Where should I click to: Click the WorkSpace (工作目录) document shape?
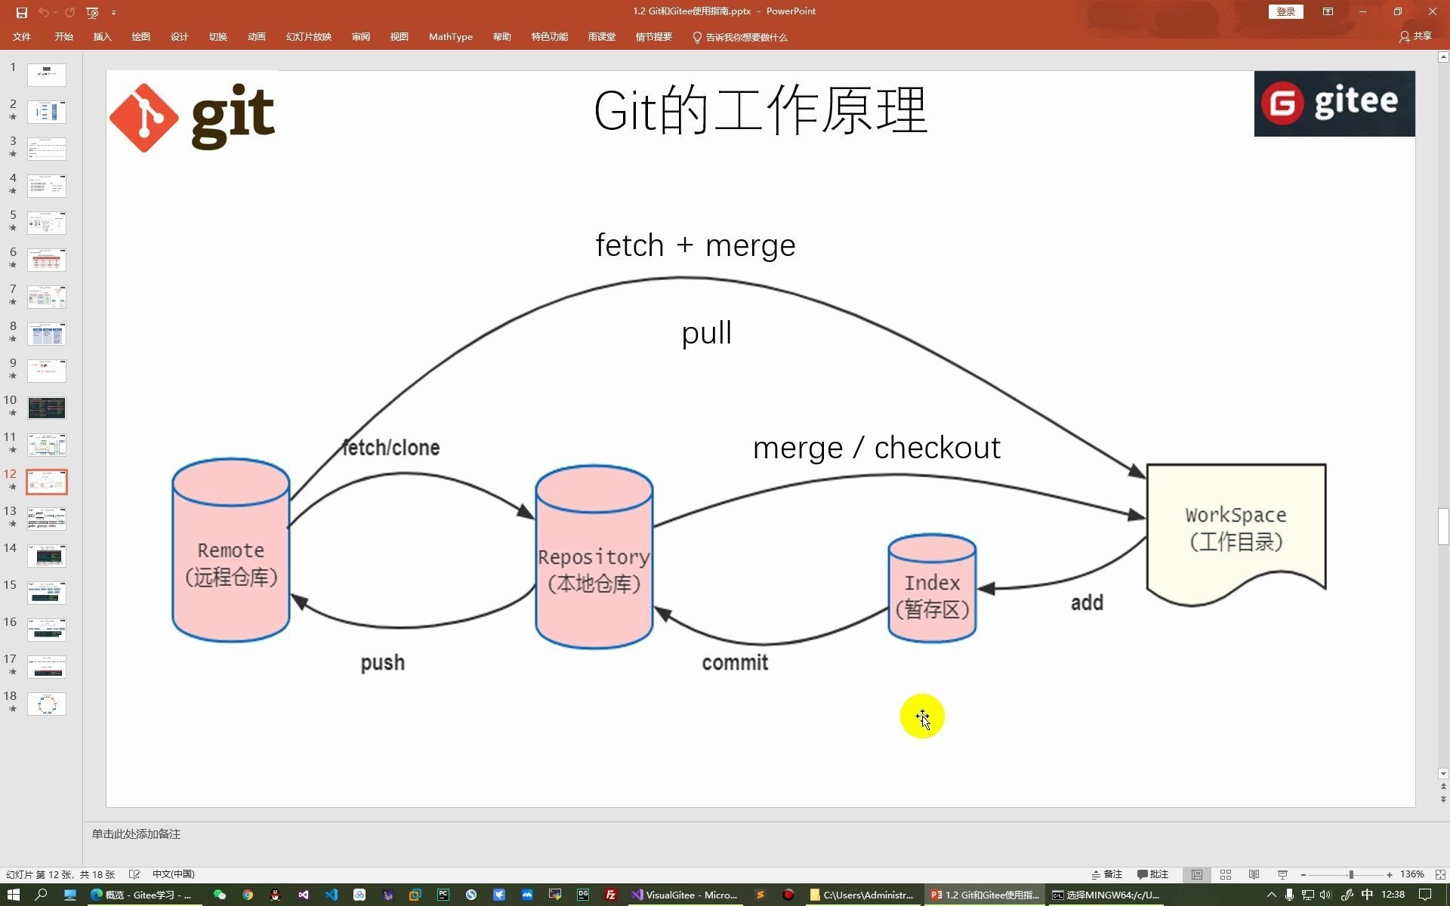tap(1236, 528)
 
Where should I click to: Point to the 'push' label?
tap(383, 663)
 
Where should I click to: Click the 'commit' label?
tap(735, 663)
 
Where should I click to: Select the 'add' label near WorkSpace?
tap(1087, 602)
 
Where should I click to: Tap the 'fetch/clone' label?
tap(391, 448)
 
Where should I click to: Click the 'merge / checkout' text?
tap(876, 448)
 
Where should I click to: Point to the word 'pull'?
tap(706, 333)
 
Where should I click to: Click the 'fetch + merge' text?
tap(695, 245)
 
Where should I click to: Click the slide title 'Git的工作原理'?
tap(760, 111)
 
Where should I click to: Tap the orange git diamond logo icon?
tap(143, 118)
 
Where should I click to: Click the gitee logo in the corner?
tap(1334, 103)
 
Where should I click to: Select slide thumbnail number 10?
tap(47, 408)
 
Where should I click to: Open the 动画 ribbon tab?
tap(256, 37)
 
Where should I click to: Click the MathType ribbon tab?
tap(450, 37)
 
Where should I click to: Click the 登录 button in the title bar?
tap(1285, 11)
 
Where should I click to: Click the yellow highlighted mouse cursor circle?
tap(921, 716)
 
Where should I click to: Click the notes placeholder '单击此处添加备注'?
tap(136, 834)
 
